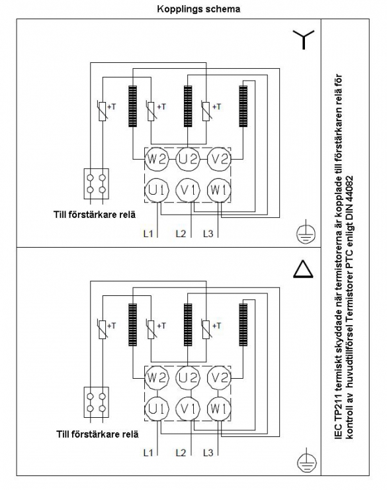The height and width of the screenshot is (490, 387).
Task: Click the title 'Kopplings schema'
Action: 198,9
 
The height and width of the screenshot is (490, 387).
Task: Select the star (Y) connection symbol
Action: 304,40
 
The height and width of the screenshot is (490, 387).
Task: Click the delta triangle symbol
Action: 303,269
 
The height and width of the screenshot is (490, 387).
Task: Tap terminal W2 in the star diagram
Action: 157,159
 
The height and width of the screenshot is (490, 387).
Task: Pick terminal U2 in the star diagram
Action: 188,159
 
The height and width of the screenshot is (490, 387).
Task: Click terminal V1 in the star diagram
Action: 188,190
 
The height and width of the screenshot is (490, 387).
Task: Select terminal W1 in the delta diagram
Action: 219,409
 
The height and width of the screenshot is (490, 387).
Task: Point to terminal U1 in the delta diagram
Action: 157,409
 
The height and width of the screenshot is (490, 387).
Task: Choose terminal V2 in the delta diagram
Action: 219,378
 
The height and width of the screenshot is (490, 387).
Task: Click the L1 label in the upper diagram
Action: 148,233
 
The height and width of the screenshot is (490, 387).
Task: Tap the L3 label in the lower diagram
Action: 208,452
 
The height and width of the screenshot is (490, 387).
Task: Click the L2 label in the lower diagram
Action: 181,452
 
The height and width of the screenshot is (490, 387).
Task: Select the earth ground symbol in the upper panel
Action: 306,233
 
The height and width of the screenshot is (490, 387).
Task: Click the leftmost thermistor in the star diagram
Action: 103,111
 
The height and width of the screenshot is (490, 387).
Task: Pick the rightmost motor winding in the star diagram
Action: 243,106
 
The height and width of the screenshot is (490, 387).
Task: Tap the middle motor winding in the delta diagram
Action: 188,324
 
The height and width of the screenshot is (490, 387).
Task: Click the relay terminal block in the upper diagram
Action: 97,184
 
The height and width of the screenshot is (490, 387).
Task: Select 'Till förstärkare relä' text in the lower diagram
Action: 97,434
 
